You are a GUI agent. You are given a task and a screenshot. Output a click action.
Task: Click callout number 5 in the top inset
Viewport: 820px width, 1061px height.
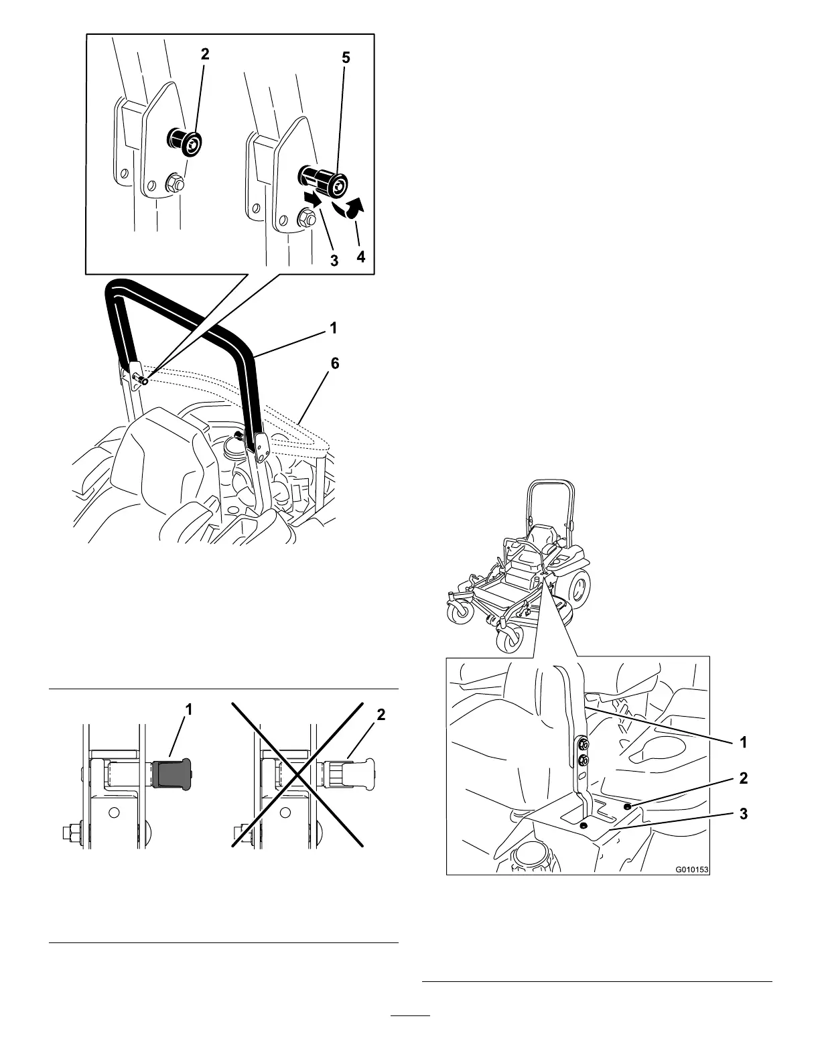(x=345, y=58)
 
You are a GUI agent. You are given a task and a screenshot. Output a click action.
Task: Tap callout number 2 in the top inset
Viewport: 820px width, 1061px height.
(x=205, y=55)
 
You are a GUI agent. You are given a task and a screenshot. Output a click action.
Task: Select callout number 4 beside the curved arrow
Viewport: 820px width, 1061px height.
(x=361, y=256)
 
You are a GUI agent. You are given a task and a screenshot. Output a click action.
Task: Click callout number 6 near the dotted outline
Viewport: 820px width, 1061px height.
(x=335, y=364)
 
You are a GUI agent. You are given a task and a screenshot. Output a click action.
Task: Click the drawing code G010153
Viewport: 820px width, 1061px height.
(x=691, y=870)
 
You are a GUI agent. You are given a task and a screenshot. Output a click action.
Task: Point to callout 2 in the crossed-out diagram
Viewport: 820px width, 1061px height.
(x=381, y=715)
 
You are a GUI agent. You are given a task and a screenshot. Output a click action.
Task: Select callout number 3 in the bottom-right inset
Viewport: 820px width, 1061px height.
(x=742, y=814)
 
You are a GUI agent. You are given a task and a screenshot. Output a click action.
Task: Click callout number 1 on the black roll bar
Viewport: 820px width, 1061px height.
(x=333, y=328)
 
